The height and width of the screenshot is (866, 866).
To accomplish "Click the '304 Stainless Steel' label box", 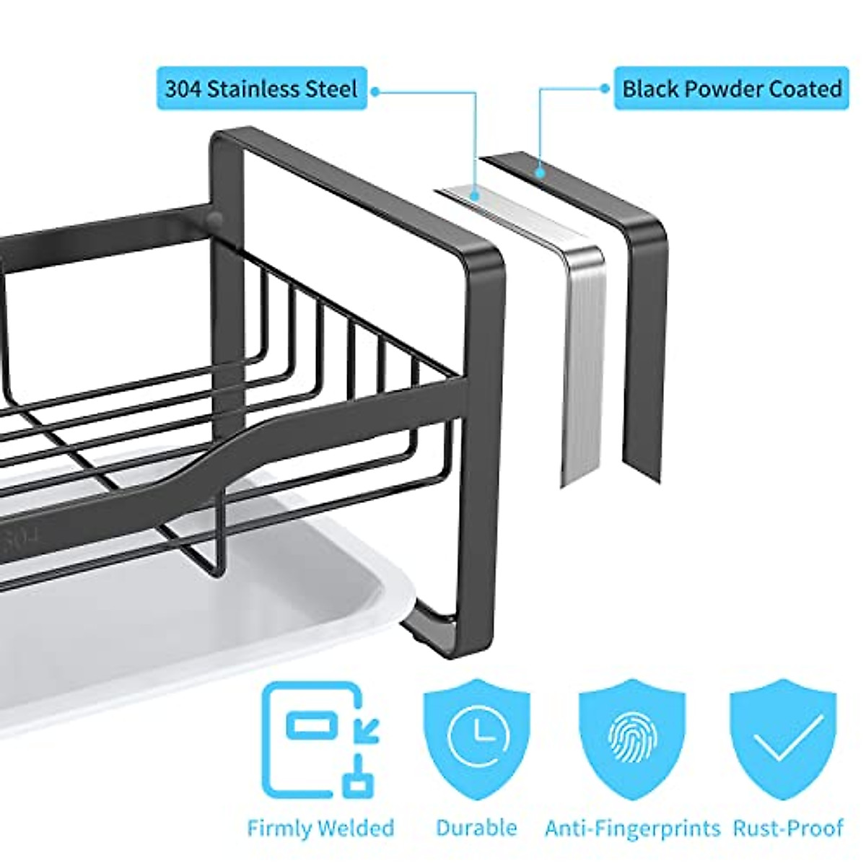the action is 261,89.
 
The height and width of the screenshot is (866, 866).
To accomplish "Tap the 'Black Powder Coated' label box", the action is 731,89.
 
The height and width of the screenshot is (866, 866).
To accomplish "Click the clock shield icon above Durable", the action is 476,733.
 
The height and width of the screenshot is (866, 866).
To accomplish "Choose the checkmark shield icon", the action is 784,733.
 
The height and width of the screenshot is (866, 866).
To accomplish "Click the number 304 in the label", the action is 183,89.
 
